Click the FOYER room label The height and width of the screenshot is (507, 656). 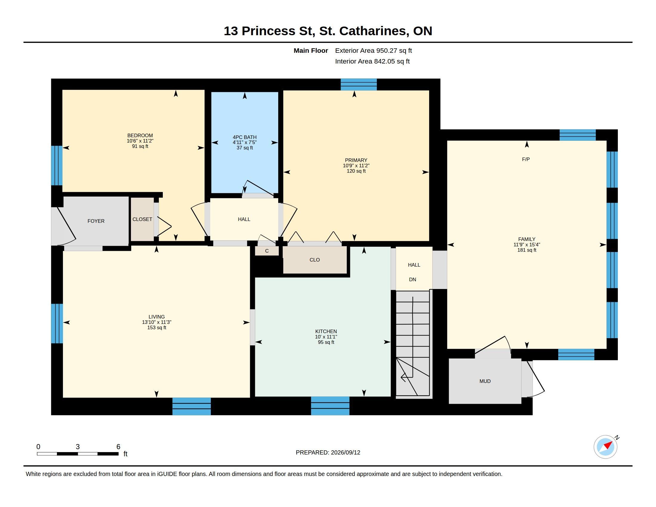click(96, 221)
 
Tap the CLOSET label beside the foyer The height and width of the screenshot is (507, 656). click(142, 219)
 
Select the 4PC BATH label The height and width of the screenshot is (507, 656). click(245, 137)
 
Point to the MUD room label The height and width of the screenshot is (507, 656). click(485, 381)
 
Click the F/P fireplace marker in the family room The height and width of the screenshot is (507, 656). click(526, 160)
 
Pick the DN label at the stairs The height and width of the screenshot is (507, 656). click(412, 280)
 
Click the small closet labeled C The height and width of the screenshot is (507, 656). click(267, 251)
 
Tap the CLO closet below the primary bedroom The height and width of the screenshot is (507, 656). click(315, 260)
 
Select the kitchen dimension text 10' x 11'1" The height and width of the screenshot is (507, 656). click(326, 337)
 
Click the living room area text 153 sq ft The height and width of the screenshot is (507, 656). click(157, 328)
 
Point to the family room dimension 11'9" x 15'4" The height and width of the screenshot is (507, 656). click(527, 245)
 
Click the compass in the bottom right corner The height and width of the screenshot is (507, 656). click(606, 447)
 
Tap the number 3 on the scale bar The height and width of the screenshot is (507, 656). click(78, 447)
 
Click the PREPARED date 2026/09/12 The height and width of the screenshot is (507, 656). click(345, 452)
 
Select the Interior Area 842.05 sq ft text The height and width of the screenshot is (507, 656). click(372, 61)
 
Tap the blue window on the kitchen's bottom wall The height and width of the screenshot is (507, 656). click(330, 406)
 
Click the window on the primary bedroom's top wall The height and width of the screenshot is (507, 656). click(359, 84)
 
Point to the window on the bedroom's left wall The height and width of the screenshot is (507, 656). click(57, 166)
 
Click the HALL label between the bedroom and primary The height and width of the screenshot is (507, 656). click(244, 219)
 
